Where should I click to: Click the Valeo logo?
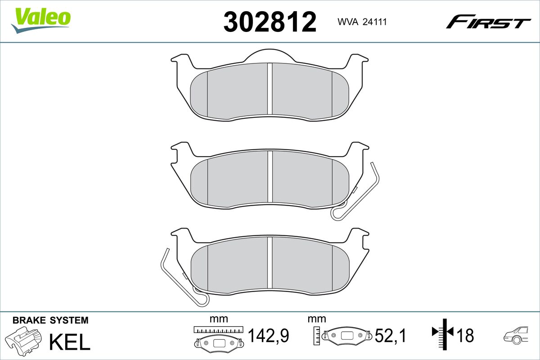pos(40,21)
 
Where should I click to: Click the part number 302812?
pos(270,22)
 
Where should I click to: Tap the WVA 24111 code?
pos(362,22)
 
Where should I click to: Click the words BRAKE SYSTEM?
pos(50,320)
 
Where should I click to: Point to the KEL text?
pos(70,342)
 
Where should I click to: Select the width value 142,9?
pos(269,335)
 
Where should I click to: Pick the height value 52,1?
pos(391,335)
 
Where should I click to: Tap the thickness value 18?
pos(465,335)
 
